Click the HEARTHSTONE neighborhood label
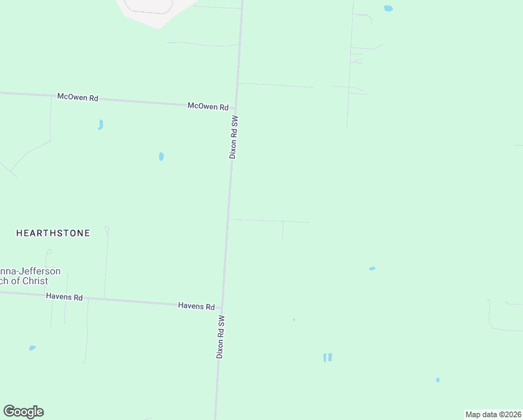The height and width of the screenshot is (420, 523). (x=53, y=233)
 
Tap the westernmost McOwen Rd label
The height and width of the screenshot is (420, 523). (x=78, y=97)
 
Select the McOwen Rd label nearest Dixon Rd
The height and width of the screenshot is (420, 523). (x=208, y=106)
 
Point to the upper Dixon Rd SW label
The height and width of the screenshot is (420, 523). (x=235, y=137)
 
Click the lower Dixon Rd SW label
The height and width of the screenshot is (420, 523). (x=220, y=337)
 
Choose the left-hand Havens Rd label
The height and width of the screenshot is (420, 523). (x=64, y=297)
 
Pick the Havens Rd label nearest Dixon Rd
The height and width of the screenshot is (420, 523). (x=196, y=306)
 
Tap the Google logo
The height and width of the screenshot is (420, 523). (x=23, y=412)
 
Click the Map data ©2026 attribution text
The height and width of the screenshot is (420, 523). (x=493, y=414)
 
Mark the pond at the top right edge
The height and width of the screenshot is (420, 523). (x=388, y=8)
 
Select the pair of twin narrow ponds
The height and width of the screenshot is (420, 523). (x=327, y=357)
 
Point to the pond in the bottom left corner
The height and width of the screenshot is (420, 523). (x=32, y=348)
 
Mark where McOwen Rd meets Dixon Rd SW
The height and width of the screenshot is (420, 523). (x=238, y=106)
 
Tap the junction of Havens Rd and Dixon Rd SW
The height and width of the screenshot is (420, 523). (x=222, y=307)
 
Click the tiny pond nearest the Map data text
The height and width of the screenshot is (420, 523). (x=438, y=380)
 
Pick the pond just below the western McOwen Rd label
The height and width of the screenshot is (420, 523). (x=101, y=125)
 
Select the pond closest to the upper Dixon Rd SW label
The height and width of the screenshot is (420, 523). (x=161, y=156)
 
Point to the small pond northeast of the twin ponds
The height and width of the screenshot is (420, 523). (x=372, y=268)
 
